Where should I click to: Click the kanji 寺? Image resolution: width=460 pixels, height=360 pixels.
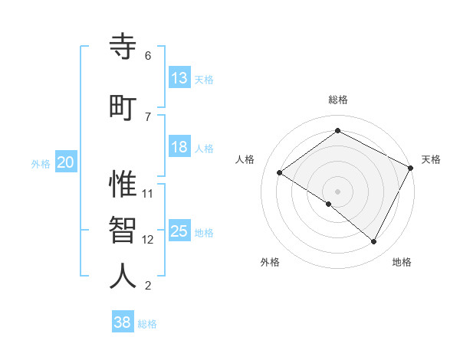point(123,49)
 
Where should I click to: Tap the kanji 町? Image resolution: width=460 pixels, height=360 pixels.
point(123,106)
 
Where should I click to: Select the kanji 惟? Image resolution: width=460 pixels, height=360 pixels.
point(123,185)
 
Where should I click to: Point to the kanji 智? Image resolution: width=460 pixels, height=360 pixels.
point(123,231)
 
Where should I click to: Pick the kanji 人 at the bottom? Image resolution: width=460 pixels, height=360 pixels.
point(123,277)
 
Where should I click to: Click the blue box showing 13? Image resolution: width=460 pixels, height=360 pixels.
point(179,78)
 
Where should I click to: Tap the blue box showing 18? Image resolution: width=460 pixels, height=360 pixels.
point(179,147)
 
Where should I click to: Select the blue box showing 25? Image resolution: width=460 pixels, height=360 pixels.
point(179,231)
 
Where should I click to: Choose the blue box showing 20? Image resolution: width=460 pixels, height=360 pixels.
point(66,162)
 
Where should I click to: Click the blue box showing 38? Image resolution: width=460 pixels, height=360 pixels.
point(122,322)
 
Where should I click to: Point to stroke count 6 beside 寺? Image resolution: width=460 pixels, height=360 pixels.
point(148,56)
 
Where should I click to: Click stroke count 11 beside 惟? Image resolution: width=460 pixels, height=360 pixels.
point(148,193)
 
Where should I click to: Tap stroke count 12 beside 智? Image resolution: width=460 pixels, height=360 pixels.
point(148,240)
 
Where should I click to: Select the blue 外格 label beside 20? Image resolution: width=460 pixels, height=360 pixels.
point(41,163)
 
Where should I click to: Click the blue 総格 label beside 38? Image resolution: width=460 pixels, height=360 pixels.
point(147,324)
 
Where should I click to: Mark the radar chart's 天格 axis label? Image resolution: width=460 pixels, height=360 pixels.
point(431,159)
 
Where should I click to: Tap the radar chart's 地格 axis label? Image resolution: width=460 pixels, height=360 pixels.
point(402,262)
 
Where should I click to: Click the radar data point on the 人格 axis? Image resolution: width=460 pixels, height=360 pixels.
point(280,172)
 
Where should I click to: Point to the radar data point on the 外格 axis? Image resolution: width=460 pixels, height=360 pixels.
point(328,204)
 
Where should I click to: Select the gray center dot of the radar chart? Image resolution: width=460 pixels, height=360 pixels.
point(337,191)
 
